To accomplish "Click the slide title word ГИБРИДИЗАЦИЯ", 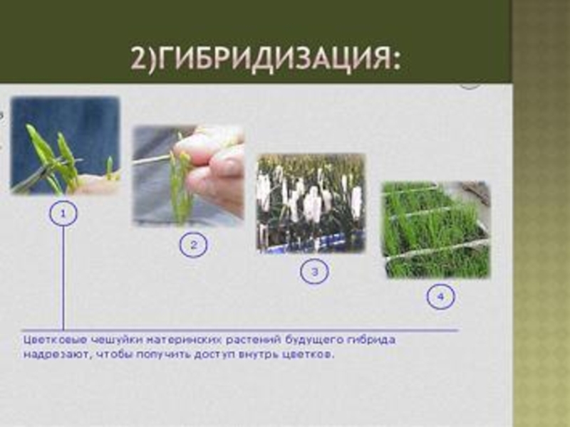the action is [278, 58].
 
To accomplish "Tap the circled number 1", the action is [63, 213].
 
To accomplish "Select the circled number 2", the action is [193, 245].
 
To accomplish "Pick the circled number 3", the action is [314, 271].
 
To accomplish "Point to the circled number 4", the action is [440, 297].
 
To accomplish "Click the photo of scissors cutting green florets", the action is [66, 146].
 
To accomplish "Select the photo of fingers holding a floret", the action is [188, 176].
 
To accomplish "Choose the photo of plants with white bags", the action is [311, 204].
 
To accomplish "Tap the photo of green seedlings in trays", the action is [436, 230].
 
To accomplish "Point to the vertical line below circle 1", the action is [63, 278].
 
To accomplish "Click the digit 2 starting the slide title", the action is [138, 59].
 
